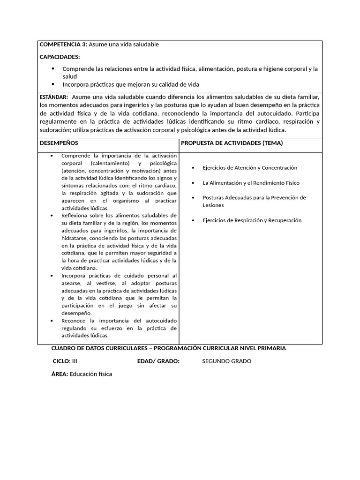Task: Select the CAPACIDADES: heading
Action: click(x=60, y=57)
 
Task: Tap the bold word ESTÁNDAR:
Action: click(x=54, y=97)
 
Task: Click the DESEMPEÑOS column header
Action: click(x=59, y=143)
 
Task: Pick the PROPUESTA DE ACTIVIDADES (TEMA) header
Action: click(x=232, y=143)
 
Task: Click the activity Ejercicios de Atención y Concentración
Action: click(x=249, y=168)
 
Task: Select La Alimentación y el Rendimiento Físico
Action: click(x=251, y=183)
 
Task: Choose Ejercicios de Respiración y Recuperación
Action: click(x=252, y=220)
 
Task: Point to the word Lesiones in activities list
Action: click(x=213, y=205)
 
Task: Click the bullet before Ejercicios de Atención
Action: click(x=194, y=168)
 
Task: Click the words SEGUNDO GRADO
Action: click(x=226, y=361)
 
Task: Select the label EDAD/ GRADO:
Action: click(x=158, y=361)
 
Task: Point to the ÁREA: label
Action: click(x=60, y=374)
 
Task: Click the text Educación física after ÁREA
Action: click(x=91, y=374)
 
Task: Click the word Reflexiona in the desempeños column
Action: click(x=75, y=216)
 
